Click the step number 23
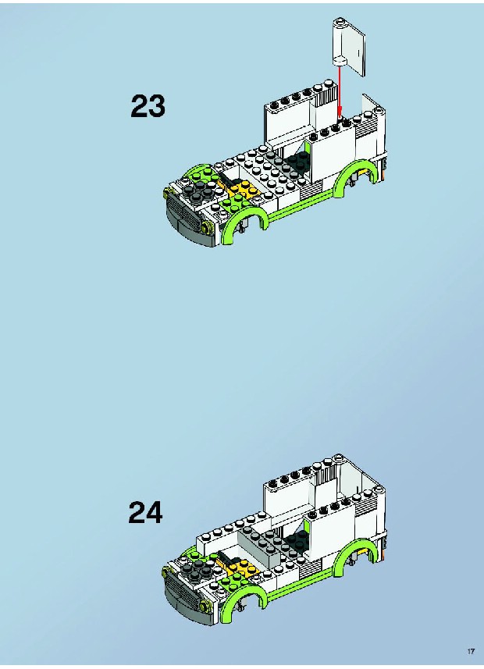point(148,106)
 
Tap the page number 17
point(471,652)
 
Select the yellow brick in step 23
point(239,189)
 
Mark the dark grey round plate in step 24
point(198,570)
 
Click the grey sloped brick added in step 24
point(259,542)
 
